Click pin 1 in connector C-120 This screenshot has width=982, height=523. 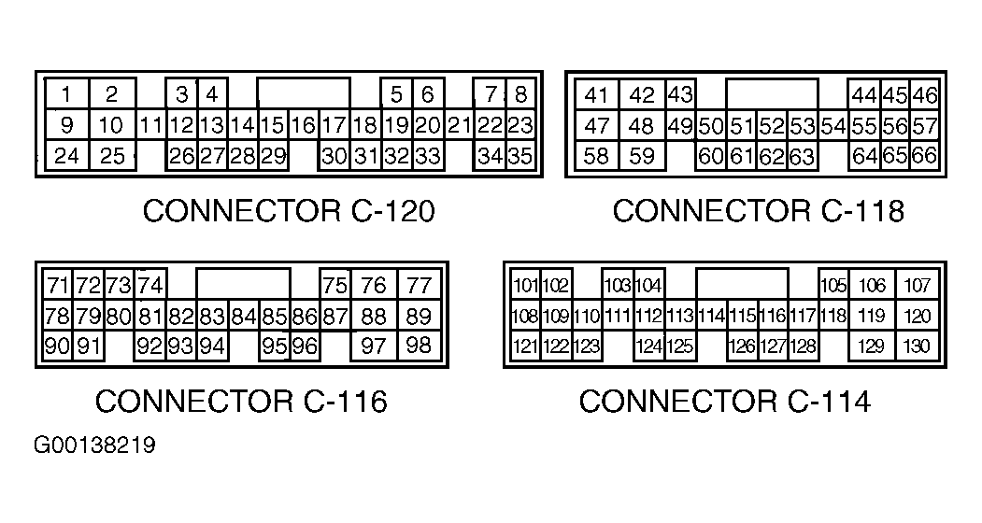(x=67, y=94)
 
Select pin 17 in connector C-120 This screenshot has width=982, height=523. (x=334, y=125)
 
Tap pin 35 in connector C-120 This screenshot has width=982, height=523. (x=520, y=156)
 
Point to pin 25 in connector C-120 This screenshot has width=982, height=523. (x=112, y=156)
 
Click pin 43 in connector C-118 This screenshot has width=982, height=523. (x=680, y=95)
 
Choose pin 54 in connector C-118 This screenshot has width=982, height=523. (x=833, y=126)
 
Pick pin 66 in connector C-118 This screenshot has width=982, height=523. (x=924, y=156)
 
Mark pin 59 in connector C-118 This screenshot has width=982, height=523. (x=642, y=156)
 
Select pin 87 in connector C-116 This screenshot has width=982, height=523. (x=334, y=316)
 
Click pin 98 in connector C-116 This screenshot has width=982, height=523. (x=420, y=346)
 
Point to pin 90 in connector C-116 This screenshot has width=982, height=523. (x=58, y=346)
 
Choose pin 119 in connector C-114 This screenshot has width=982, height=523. (x=871, y=317)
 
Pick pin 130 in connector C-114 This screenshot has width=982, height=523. (x=918, y=346)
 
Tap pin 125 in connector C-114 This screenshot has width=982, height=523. (x=679, y=346)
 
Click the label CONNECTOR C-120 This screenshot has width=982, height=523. (x=289, y=212)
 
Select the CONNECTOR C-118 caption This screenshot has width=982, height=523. (x=758, y=212)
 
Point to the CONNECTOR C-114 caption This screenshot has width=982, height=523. (x=724, y=402)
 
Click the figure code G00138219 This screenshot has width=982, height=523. (x=94, y=445)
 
